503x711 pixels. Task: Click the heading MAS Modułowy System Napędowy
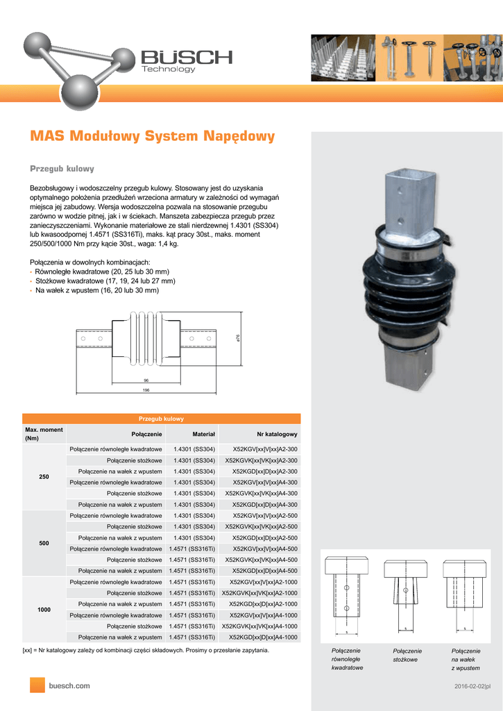click(152, 136)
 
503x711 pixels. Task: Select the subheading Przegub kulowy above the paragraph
click(62, 169)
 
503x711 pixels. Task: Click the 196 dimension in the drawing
click(146, 390)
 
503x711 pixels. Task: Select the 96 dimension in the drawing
click(146, 380)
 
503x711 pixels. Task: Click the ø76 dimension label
click(238, 337)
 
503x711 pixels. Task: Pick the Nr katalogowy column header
click(277, 434)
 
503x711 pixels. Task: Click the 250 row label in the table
click(44, 476)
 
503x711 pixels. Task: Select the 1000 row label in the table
click(44, 609)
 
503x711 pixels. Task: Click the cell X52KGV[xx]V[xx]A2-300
click(265, 449)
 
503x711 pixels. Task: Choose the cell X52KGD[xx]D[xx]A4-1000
click(264, 637)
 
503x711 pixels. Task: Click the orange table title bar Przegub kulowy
click(162, 419)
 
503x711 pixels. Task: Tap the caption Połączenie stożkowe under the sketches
click(407, 655)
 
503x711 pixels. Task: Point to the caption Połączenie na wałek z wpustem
click(465, 659)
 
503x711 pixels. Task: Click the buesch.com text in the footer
click(69, 685)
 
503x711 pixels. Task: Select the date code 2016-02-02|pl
click(472, 687)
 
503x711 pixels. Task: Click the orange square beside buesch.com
click(37, 685)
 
